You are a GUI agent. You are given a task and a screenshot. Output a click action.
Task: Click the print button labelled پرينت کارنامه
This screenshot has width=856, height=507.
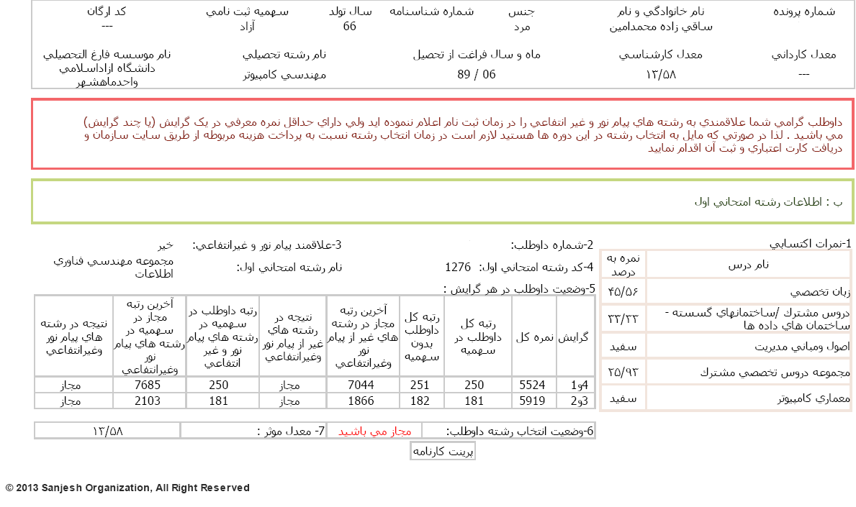[443, 452]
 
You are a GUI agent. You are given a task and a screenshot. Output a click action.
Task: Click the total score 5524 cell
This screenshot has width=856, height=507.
[533, 385]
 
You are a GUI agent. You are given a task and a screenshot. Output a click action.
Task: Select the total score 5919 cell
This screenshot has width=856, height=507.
[533, 401]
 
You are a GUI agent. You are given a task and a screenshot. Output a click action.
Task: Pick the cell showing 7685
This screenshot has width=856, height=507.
[148, 385]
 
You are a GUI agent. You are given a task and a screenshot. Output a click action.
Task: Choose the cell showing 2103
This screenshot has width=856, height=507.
[148, 401]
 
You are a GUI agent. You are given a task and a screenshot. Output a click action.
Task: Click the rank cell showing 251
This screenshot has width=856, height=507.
[420, 385]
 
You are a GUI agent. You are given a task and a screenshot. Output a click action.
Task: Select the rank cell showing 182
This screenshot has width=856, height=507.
[420, 401]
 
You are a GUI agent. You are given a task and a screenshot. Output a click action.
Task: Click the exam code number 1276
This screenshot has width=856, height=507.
[458, 268]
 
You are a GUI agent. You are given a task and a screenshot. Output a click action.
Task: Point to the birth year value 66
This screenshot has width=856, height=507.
[350, 27]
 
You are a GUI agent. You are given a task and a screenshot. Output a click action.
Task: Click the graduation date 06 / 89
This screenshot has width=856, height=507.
[477, 74]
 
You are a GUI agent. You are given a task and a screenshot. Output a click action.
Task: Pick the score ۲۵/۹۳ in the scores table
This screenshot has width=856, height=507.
[623, 373]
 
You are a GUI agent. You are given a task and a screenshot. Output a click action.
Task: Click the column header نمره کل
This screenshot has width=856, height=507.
[533, 337]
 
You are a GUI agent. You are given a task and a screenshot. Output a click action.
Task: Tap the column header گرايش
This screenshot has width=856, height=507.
[575, 337]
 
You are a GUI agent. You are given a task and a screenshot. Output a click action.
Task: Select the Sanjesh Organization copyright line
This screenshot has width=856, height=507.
[127, 488]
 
